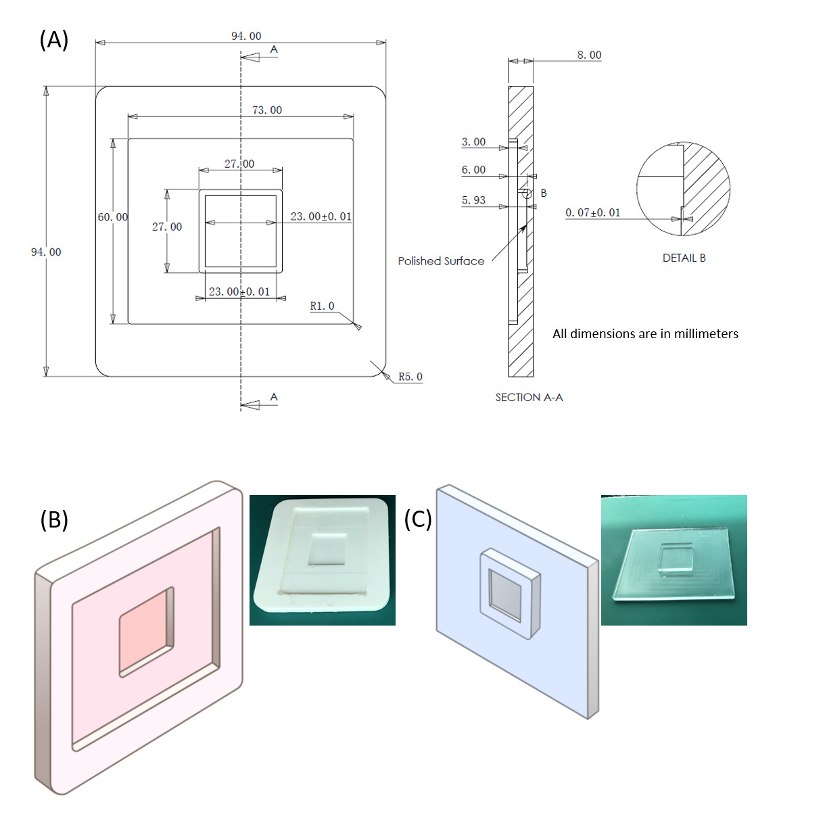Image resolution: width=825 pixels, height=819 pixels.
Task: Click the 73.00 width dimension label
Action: point(266,110)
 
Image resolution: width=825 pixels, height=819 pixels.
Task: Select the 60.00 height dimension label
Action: point(113,217)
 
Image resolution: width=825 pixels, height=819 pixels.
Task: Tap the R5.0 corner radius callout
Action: point(410,377)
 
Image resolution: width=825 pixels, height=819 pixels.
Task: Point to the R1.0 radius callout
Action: point(322,306)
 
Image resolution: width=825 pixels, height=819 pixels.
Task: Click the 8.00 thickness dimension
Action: point(589,55)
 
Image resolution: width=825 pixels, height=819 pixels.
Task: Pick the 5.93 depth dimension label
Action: point(473,200)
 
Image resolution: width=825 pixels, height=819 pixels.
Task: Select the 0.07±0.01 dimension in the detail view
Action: point(592,212)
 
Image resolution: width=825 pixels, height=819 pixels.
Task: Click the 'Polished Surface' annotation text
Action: point(441,261)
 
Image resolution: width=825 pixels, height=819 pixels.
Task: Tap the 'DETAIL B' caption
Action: point(684,258)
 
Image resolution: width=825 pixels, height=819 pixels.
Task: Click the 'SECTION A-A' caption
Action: point(529,397)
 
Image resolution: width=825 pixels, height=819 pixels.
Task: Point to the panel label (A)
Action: point(54,40)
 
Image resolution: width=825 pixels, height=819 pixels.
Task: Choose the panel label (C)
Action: point(417,519)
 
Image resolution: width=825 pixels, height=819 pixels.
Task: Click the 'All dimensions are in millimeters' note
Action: point(645,333)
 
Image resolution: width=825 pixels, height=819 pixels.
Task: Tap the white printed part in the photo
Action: point(322,555)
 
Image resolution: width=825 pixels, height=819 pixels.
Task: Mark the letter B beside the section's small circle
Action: point(543,193)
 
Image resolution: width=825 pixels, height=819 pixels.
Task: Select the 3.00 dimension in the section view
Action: point(473,142)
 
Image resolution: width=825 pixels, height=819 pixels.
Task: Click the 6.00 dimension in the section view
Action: point(473,170)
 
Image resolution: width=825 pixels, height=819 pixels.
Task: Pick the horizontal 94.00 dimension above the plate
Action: point(246,36)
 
